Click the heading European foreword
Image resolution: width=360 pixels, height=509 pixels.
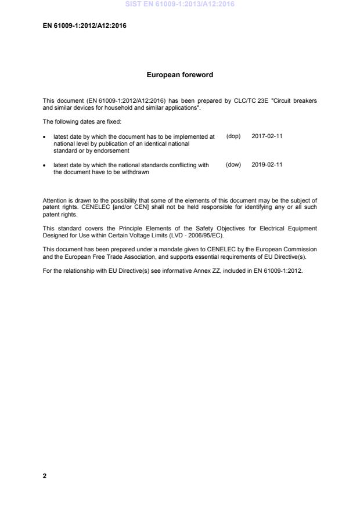point(179,75)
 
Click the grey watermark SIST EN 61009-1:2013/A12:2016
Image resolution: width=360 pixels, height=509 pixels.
point(179,5)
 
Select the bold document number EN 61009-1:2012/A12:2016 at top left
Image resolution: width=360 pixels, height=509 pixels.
point(85,26)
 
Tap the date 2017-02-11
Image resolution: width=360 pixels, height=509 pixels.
point(267,136)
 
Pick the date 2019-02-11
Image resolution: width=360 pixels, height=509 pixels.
point(267,165)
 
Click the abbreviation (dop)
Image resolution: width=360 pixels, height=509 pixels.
point(233,136)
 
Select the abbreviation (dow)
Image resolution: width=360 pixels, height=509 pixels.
point(233,165)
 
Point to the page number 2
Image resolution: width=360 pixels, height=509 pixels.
point(45,476)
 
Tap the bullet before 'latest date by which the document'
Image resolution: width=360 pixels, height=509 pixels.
point(45,137)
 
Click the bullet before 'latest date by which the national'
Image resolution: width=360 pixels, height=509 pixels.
point(45,165)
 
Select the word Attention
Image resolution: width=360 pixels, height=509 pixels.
point(55,200)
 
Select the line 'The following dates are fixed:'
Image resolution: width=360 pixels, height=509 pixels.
point(81,122)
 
